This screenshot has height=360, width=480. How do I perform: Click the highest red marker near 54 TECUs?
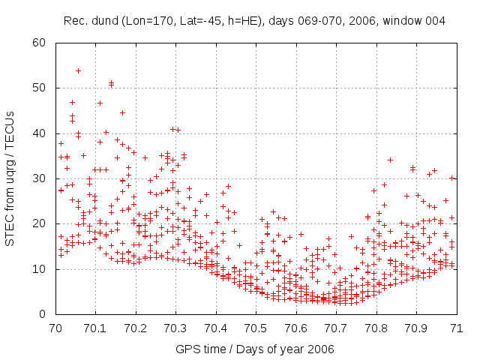point(78,70)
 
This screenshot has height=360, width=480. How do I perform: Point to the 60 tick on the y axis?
point(45,42)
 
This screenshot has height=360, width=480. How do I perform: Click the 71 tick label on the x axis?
point(456,328)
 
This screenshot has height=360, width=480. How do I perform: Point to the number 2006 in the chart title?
point(351,21)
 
